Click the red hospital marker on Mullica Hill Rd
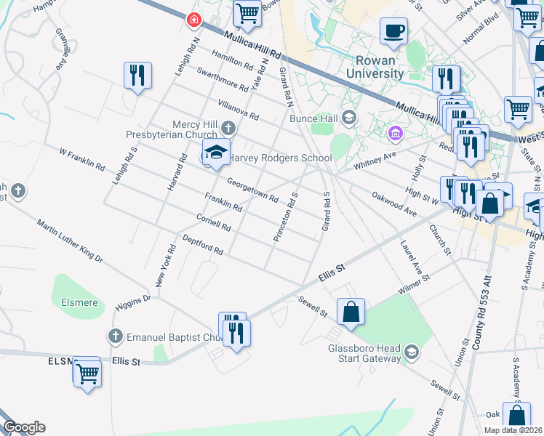(194, 20)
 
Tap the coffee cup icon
(393, 31)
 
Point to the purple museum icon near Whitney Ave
(396, 133)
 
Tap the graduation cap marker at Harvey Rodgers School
(216, 153)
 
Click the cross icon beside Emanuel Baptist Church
(115, 336)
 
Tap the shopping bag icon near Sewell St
(351, 312)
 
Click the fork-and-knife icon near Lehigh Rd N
(137, 75)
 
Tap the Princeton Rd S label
(286, 217)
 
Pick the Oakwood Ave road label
(393, 203)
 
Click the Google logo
(24, 427)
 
